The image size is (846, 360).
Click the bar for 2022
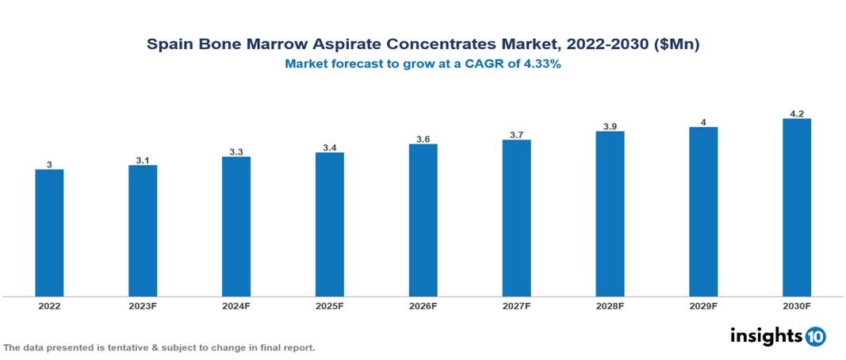tap(49, 232)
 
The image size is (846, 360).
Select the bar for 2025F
tap(329, 224)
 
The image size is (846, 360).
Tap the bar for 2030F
tap(796, 208)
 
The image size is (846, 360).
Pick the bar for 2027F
tap(516, 218)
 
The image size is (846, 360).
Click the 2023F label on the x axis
tap(143, 306)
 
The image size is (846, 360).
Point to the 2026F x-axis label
tap(423, 306)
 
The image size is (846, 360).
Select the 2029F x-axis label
tap(703, 306)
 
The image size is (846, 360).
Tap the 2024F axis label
tap(235, 306)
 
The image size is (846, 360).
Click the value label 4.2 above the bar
tap(796, 113)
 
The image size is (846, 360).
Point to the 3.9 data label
tap(610, 126)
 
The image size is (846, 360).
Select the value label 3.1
tap(143, 160)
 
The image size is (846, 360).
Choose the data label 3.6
tap(423, 139)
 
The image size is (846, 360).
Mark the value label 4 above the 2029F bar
tap(703, 122)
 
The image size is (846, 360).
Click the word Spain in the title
tap(170, 46)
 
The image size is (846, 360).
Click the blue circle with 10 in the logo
tap(815, 336)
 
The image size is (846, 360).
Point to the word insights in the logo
tap(766, 335)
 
